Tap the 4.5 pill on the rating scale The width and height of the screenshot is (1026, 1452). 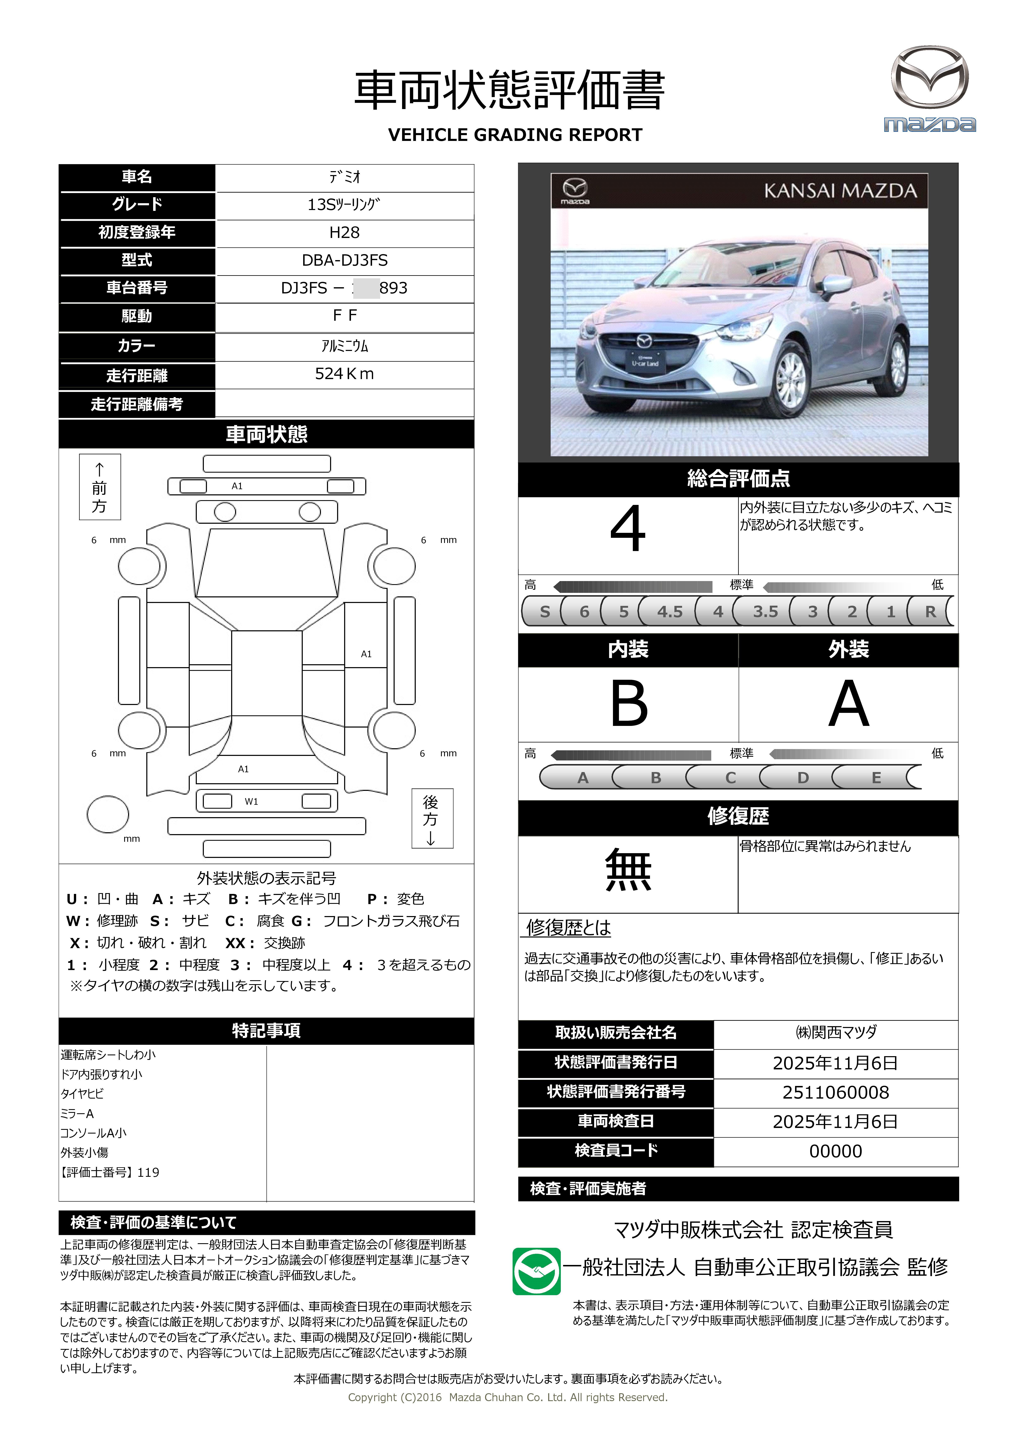(x=669, y=611)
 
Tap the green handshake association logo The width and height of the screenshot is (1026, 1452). (x=536, y=1271)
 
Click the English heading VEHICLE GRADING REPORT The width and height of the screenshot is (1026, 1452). (x=515, y=135)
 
